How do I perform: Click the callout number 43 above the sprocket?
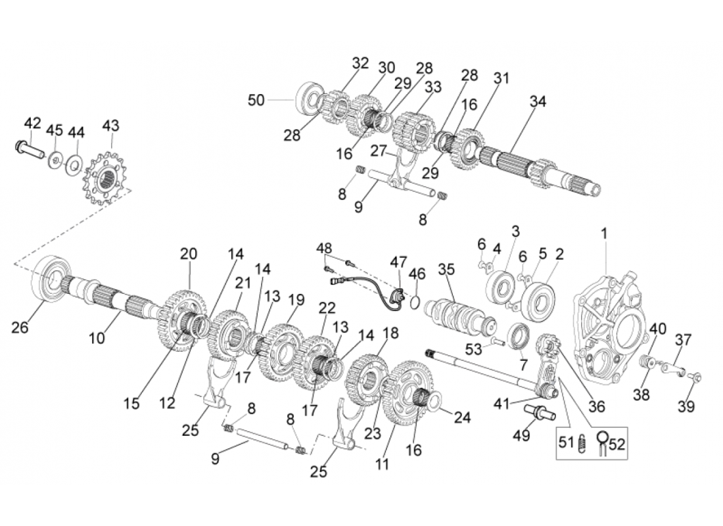click(x=111, y=125)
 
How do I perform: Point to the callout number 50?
click(x=256, y=100)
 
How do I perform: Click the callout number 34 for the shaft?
click(x=538, y=102)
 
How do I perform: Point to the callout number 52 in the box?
click(x=617, y=445)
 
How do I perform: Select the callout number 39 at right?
click(x=686, y=406)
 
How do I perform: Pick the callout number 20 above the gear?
click(x=189, y=254)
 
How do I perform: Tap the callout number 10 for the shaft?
click(x=97, y=338)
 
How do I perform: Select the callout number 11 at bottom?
click(x=382, y=464)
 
